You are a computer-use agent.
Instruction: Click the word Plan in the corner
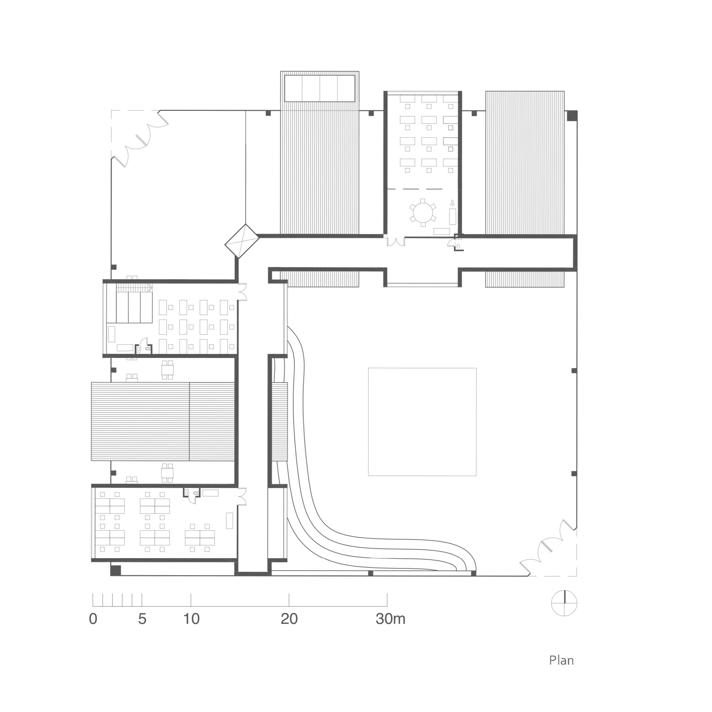(561, 660)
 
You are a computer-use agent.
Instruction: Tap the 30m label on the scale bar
(391, 619)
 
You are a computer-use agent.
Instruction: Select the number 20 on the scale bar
(289, 619)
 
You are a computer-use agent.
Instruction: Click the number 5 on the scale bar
(142, 619)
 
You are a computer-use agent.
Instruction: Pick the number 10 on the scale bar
(191, 619)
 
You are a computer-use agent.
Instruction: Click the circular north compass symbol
(564, 603)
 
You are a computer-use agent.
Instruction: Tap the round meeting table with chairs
(423, 213)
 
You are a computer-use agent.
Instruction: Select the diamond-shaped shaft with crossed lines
(242, 241)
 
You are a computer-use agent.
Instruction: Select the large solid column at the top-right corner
(572, 116)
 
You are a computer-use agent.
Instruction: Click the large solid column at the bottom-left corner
(116, 570)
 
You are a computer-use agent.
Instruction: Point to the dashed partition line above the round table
(415, 189)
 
